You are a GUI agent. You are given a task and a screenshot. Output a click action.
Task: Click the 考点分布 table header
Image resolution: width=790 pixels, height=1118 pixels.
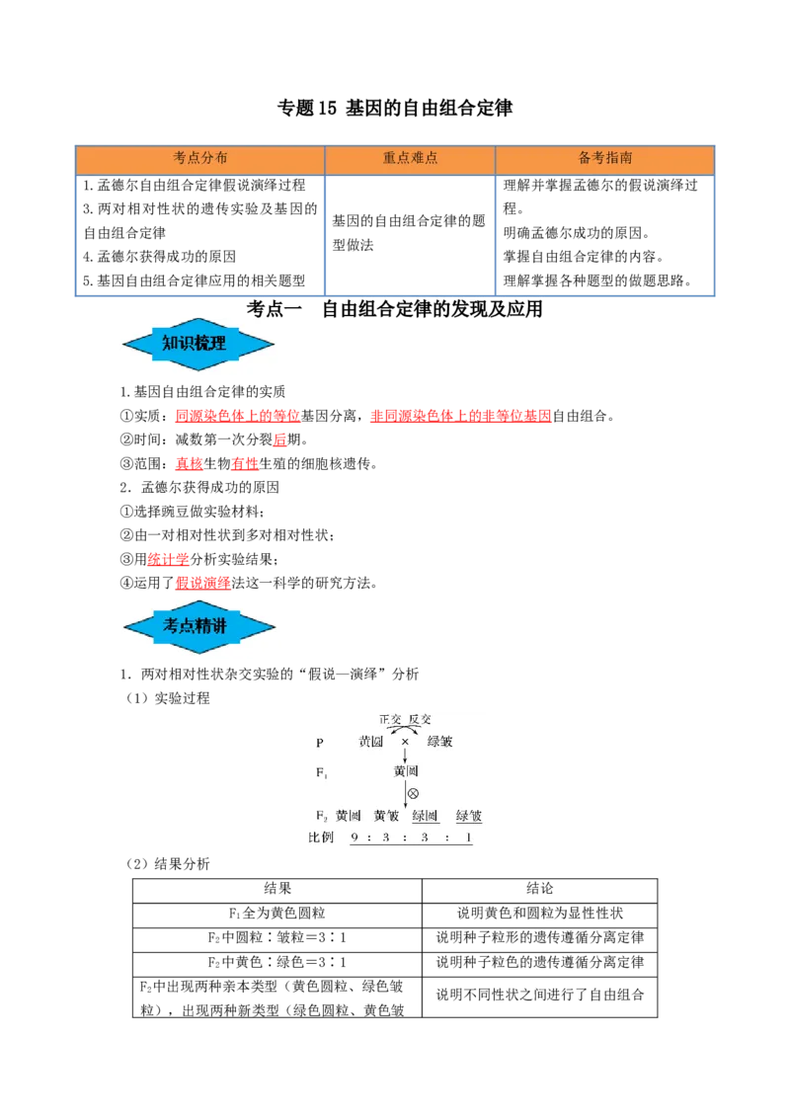(200, 158)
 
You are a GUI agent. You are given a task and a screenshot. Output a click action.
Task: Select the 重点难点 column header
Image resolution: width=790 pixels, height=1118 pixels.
(410, 158)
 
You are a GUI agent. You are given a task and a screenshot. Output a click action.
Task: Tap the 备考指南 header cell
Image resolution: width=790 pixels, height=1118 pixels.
(604, 158)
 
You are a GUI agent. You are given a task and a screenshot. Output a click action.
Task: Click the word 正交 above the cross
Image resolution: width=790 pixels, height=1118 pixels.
(390, 720)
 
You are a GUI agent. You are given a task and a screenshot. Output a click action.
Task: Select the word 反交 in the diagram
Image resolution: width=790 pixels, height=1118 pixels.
(420, 720)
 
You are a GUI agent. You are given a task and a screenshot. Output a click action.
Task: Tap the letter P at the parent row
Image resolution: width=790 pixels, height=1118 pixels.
(319, 743)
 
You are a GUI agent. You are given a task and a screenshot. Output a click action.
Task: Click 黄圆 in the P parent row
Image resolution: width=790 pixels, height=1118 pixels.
(371, 742)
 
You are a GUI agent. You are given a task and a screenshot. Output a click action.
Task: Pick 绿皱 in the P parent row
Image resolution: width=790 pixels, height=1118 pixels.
(440, 742)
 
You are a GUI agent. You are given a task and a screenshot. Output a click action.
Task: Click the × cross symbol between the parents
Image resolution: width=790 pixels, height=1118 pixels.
(405, 742)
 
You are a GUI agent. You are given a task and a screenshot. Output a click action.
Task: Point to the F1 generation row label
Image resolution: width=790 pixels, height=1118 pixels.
(321, 772)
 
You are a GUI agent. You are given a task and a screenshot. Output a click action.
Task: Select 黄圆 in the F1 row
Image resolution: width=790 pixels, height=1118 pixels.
(405, 770)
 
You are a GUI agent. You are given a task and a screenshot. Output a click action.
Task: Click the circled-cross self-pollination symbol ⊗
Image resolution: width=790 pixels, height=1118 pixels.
(413, 794)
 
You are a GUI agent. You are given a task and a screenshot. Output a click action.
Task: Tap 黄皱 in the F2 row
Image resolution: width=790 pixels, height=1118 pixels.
(386, 816)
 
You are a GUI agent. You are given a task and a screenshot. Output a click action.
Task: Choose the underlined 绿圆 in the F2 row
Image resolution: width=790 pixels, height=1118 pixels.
(425, 816)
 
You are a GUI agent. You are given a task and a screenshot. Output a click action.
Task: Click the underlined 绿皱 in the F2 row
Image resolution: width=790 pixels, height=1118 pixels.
(469, 816)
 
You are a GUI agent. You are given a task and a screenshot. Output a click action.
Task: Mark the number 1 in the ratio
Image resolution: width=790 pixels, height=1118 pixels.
(468, 838)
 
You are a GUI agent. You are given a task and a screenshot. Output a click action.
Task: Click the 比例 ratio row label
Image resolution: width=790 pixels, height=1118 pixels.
(321, 838)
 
